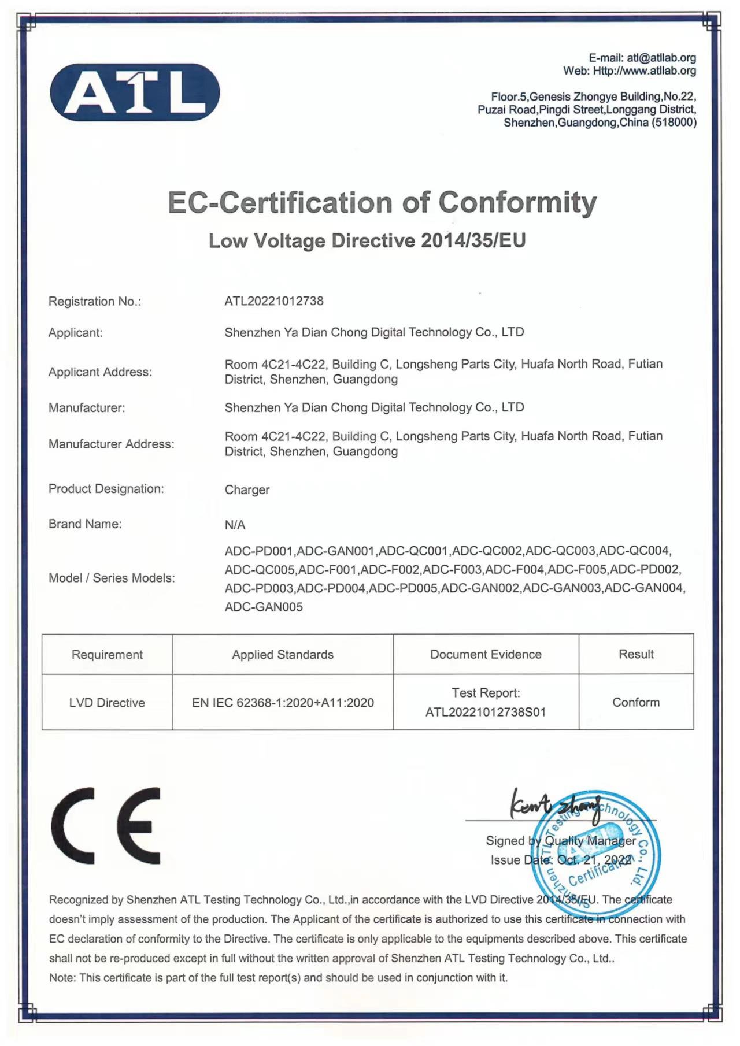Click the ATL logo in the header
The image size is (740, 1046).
tap(135, 92)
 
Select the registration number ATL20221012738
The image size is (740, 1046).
tap(274, 301)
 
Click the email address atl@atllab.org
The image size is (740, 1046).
tap(661, 58)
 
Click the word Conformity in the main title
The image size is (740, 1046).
tap(517, 202)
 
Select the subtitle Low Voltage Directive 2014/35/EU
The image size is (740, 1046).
tap(367, 240)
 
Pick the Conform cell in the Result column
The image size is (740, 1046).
tap(636, 702)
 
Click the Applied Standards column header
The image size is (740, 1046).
tap(283, 655)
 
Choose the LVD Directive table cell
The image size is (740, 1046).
tap(107, 703)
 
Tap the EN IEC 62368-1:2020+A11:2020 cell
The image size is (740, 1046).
tap(283, 703)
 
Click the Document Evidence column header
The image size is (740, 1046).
tap(486, 654)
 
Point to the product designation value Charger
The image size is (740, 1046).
tap(247, 490)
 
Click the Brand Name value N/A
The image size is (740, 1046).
tap(235, 525)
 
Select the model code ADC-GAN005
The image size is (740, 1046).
tap(264, 607)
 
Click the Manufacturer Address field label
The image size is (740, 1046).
tap(111, 444)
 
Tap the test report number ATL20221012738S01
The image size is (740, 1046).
tap(486, 712)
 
